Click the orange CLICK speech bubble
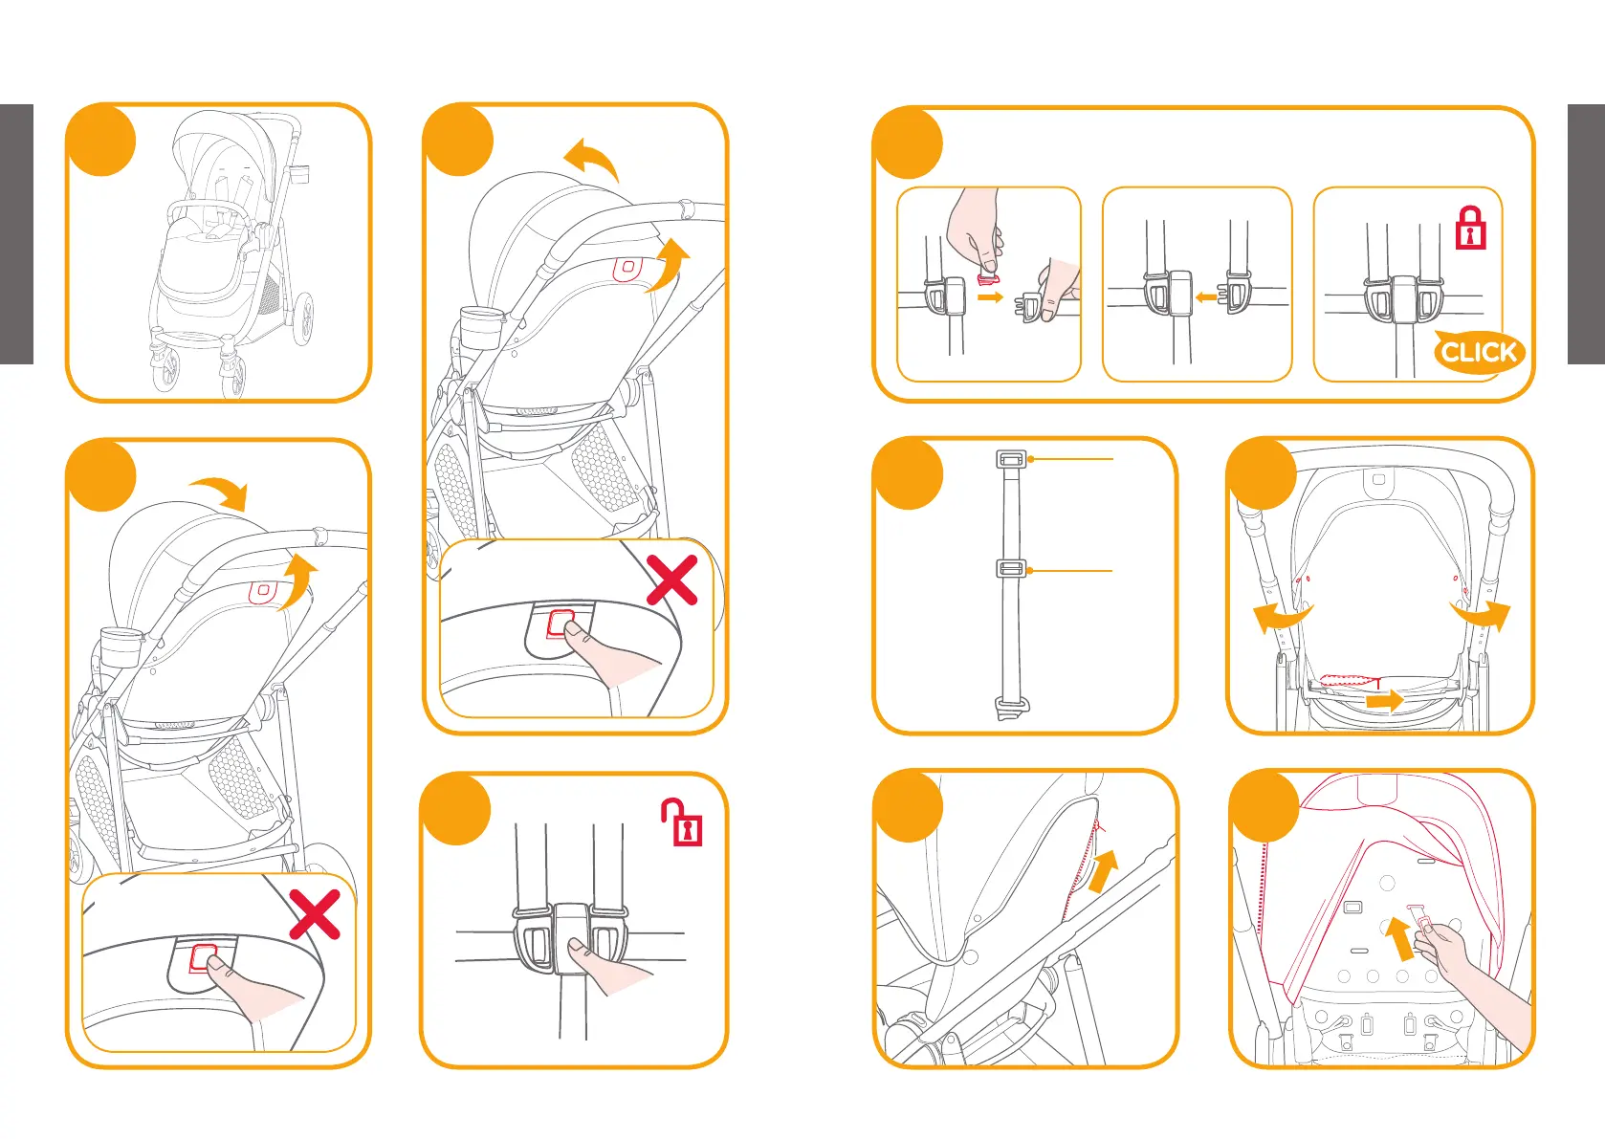pyautogui.click(x=1478, y=353)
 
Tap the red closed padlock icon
pyautogui.click(x=1470, y=229)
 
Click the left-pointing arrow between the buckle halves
pyautogui.click(x=1206, y=297)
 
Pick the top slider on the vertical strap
pyautogui.click(x=1011, y=459)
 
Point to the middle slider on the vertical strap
pyautogui.click(x=1011, y=570)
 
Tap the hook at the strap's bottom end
pyautogui.click(x=1012, y=709)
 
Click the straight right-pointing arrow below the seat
pyautogui.click(x=1384, y=701)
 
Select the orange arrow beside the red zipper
pyautogui.click(x=1104, y=871)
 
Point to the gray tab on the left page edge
pyautogui.click(x=16, y=234)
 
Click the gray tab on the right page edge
pyautogui.click(x=1586, y=234)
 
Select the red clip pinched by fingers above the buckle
pyautogui.click(x=986, y=278)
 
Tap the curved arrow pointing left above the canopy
pyautogui.click(x=591, y=158)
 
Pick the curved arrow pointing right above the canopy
pyautogui.click(x=220, y=492)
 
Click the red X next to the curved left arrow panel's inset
pyautogui.click(x=671, y=580)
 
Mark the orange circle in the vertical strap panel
pyautogui.click(x=908, y=473)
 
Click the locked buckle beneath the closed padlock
pyautogui.click(x=1403, y=301)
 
